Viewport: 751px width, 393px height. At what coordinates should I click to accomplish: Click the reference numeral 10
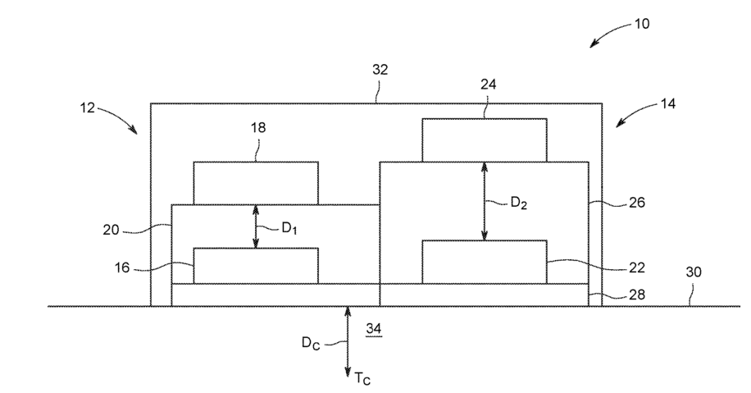641,24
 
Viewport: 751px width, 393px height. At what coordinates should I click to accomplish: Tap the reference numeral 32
379,71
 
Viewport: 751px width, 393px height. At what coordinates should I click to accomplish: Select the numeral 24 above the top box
488,84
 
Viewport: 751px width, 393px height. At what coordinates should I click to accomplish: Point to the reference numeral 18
257,128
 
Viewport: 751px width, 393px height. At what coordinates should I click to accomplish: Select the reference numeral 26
635,202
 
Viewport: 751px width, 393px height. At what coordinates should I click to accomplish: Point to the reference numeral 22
635,267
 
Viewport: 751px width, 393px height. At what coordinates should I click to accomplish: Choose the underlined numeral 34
374,329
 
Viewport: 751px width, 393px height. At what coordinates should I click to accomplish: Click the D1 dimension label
289,228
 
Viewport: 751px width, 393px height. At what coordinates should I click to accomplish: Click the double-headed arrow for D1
257,226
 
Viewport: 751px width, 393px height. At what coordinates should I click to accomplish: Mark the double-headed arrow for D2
485,201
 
